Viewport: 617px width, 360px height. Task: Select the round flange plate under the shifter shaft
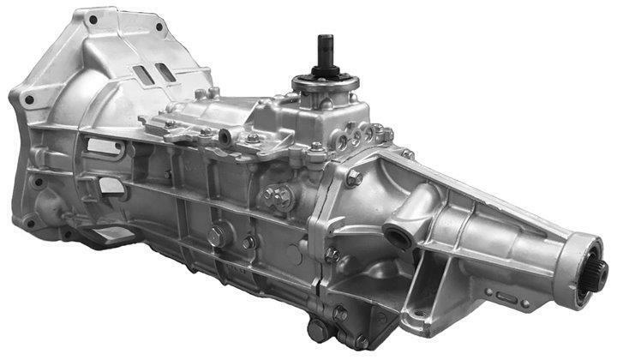pos(326,84)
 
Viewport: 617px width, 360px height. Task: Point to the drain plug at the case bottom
pos(319,330)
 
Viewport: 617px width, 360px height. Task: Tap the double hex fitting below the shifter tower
pos(276,198)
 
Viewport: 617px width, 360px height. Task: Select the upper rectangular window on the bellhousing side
pos(104,147)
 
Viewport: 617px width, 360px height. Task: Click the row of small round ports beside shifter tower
pos(363,135)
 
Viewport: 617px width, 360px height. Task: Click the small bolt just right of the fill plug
pos(249,243)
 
